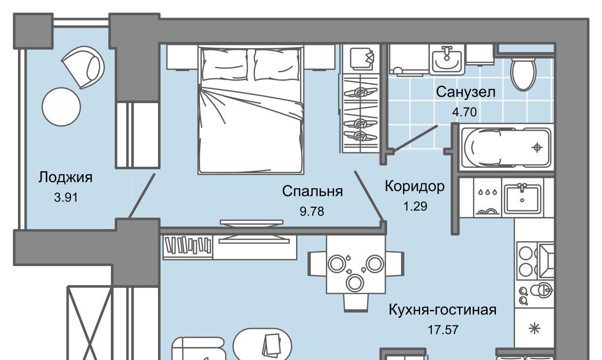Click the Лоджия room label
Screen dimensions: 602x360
point(65,178)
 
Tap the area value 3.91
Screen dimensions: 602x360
point(66,198)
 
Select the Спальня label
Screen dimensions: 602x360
point(313,191)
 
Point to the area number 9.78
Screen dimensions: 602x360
point(312,212)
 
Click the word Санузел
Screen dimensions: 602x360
point(466,92)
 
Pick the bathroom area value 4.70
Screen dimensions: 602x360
point(464,112)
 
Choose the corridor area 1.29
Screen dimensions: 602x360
point(415,206)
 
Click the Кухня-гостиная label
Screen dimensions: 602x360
point(443,310)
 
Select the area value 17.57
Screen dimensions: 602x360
point(443,330)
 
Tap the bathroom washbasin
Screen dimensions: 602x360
point(447,60)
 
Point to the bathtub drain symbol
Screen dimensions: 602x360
point(537,147)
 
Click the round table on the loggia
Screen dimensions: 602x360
point(61,107)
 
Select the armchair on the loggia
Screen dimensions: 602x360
point(83,67)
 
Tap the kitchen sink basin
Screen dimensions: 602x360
point(522,199)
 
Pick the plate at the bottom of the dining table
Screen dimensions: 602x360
point(355,283)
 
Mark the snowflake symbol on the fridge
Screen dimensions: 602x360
point(534,329)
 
